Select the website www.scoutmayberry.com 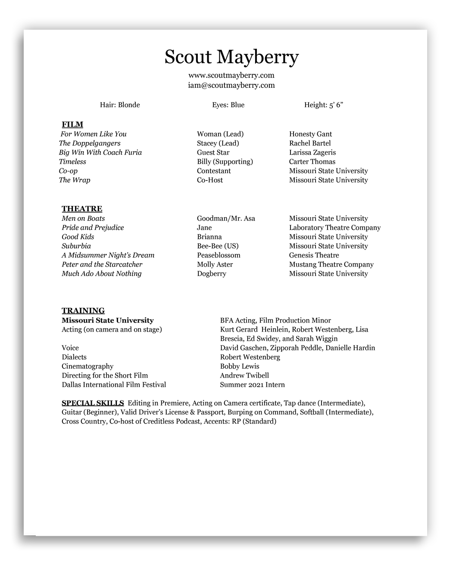[231, 75]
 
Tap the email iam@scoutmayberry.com [231, 85]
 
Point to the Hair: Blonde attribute [120, 105]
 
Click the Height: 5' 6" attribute [324, 105]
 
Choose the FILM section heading [72, 125]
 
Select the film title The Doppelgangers [90, 143]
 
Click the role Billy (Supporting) [225, 162]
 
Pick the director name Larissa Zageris [312, 152]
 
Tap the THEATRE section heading [82, 209]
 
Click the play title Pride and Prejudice [93, 228]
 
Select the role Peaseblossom [219, 255]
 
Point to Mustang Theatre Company [331, 264]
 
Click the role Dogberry [212, 274]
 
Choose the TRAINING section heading [83, 311]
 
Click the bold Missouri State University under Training [108, 320]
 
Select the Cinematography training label [87, 366]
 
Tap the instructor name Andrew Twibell [244, 376]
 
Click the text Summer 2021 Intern [253, 385]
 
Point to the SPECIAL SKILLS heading [93, 403]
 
